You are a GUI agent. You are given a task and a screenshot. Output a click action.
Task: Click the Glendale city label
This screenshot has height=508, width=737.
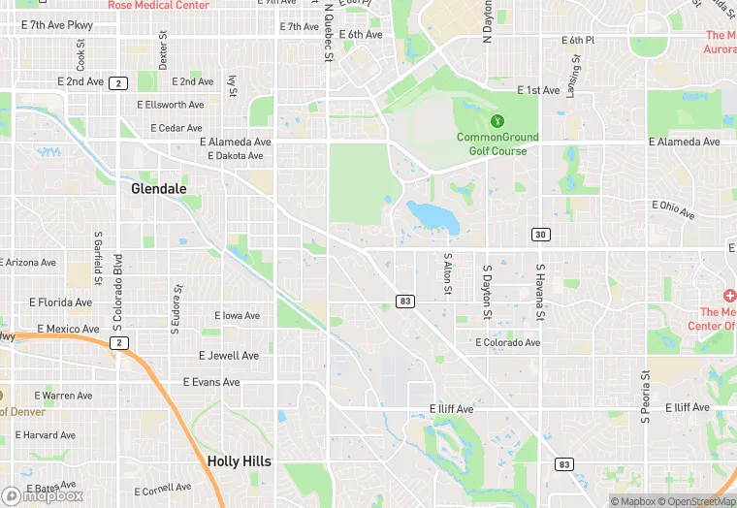tap(159, 189)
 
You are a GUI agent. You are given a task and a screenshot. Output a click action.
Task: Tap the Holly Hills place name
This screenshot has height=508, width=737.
tap(239, 461)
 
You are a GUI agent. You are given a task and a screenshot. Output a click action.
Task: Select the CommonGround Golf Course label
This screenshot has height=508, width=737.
tap(497, 143)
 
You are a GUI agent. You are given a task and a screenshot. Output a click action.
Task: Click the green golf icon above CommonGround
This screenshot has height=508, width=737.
tap(497, 121)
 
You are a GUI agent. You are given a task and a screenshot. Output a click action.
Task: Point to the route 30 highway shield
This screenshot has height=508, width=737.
tap(540, 235)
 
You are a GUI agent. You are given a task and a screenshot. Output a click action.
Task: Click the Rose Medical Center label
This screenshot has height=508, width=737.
tap(158, 5)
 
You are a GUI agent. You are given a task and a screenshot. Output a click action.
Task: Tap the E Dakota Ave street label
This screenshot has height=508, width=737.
tap(232, 155)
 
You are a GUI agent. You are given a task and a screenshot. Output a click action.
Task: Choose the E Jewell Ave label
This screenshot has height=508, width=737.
tap(229, 356)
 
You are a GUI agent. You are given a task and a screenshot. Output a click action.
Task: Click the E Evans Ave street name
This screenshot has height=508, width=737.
tap(211, 382)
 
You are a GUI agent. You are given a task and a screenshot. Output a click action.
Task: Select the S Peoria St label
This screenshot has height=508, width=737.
tap(644, 397)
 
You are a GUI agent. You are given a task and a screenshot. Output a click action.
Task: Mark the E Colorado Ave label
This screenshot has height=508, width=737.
tap(508, 342)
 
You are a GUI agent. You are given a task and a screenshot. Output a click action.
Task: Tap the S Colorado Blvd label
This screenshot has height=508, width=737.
tap(118, 281)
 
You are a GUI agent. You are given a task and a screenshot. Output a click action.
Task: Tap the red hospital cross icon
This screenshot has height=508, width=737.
tap(729, 295)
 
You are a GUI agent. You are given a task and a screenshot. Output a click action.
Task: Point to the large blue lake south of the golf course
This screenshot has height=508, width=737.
tap(433, 216)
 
